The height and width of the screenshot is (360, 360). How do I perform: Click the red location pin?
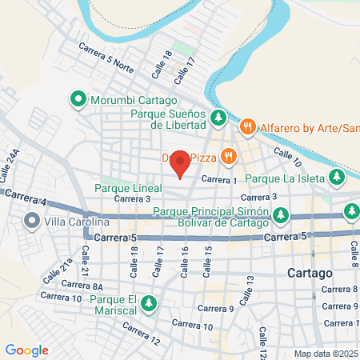pos(181,162)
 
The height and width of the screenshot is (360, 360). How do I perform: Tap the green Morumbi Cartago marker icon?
pos(78,100)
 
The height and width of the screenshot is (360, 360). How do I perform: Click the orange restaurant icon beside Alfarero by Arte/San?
pos(248,126)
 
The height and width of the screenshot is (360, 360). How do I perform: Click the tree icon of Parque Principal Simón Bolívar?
pos(280,215)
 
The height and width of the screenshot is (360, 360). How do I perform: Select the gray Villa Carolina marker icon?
pos(33,221)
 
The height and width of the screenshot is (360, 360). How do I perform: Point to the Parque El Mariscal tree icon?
pos(148,302)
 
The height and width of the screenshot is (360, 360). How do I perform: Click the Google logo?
pos(26,350)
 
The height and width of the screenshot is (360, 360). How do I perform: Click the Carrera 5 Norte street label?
pos(106,58)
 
